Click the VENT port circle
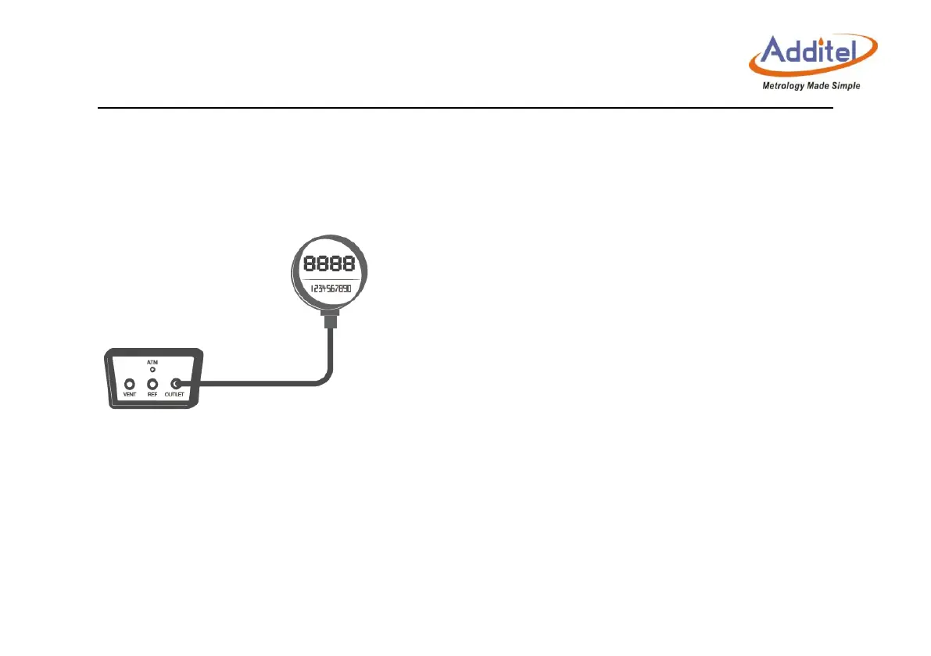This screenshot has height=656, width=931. coord(130,384)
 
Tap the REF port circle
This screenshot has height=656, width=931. coord(153,384)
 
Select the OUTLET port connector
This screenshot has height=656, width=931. coord(176,384)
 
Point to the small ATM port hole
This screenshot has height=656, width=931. coord(152,369)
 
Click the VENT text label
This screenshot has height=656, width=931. coord(130,395)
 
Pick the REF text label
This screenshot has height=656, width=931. coord(152,395)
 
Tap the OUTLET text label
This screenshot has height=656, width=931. coord(176,395)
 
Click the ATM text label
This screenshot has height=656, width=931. coord(152,362)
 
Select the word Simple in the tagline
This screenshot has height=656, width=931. coord(845,86)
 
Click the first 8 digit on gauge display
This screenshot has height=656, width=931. coord(310,263)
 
